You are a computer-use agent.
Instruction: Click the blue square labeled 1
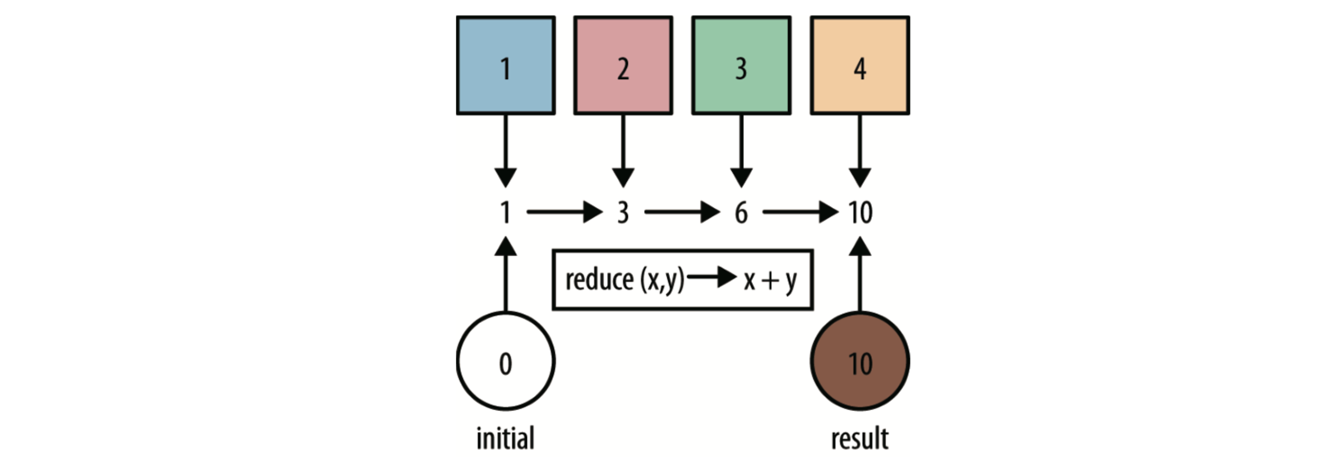[x=506, y=65]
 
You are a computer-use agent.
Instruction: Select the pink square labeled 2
[x=624, y=65]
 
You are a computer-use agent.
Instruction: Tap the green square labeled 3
[x=741, y=65]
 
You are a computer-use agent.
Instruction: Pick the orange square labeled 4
[x=860, y=65]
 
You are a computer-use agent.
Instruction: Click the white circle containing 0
[x=506, y=363]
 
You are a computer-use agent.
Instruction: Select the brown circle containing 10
[x=860, y=363]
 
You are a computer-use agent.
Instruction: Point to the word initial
[x=505, y=438]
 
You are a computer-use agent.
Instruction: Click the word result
[x=859, y=438]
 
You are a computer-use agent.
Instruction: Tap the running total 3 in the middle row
[x=623, y=214]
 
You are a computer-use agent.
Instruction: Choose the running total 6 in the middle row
[x=741, y=214]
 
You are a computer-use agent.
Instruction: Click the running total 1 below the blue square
[x=506, y=214]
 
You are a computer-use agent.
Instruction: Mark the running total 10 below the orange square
[x=860, y=214]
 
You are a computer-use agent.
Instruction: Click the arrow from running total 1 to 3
[x=563, y=214]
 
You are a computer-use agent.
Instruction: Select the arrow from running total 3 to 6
[x=681, y=214]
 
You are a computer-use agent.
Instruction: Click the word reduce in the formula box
[x=598, y=280]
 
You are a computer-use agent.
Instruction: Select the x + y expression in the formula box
[x=770, y=280]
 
